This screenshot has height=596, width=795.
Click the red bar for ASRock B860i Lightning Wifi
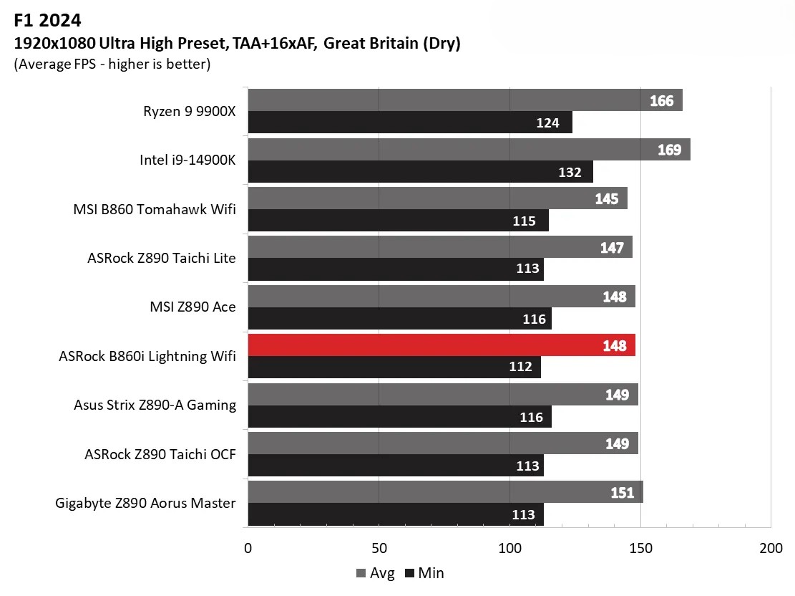coord(441,345)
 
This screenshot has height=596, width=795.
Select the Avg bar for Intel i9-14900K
coord(469,150)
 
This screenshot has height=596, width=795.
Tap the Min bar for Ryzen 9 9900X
coord(409,122)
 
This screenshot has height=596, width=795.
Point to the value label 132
coord(570,172)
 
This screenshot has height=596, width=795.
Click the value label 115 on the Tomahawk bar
coord(525,221)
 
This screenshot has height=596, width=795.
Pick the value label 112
coord(520,367)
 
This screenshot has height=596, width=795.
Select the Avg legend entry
coord(375,573)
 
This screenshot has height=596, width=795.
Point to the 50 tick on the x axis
coord(379,549)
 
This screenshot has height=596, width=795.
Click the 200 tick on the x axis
coord(771,549)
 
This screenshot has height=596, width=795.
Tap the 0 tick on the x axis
coord(248,549)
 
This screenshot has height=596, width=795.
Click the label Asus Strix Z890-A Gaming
coord(155,405)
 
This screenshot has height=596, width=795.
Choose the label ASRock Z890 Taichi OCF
coord(160,454)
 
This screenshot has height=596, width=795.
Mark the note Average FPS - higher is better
coord(112,64)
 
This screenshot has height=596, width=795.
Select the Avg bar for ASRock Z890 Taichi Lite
coord(439,248)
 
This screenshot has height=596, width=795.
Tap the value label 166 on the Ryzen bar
coord(661,101)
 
